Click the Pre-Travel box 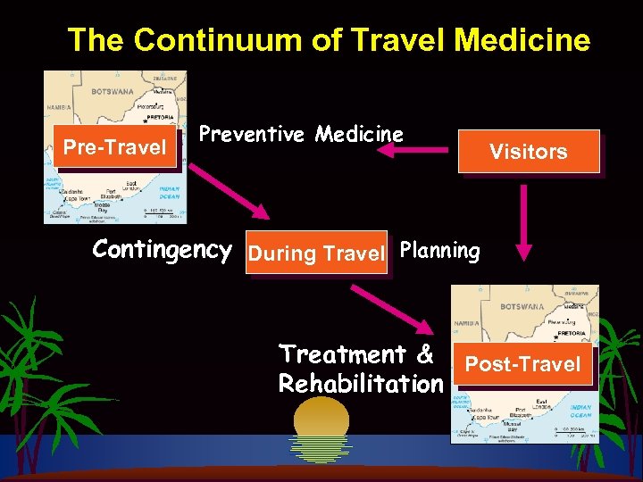point(114,146)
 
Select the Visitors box point(528,152)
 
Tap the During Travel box point(316,253)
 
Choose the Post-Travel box point(522,364)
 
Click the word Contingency point(162,250)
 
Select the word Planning point(439,251)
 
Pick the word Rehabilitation point(360,384)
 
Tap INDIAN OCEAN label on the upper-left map point(169,192)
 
